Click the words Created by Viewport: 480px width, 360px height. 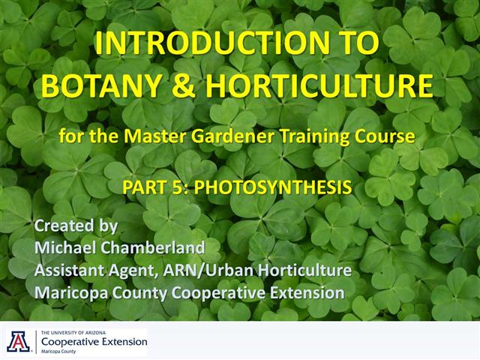click(76, 226)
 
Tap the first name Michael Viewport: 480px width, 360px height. click(64, 247)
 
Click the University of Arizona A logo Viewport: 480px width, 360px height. click(16, 341)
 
